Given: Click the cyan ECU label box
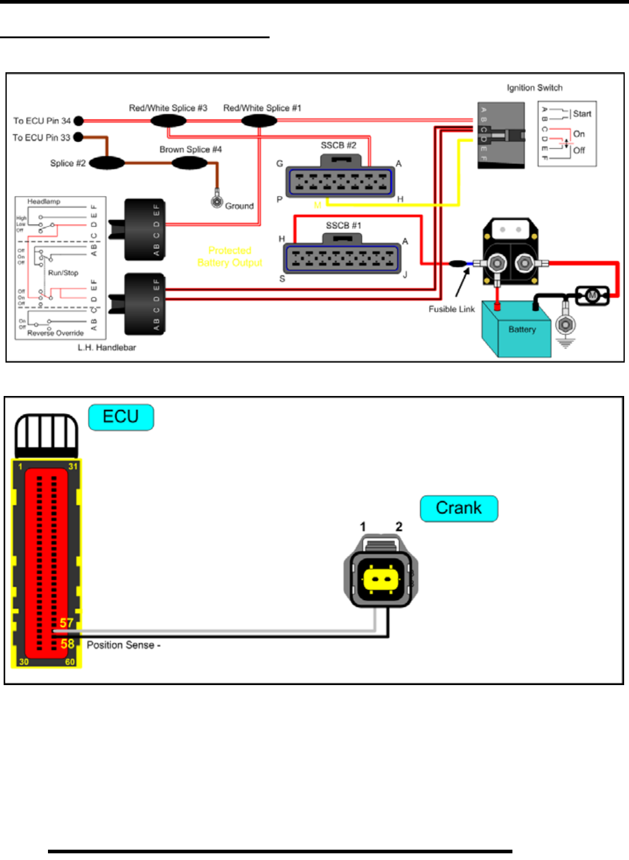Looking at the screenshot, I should click(121, 417).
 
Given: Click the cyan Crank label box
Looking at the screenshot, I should click(459, 508).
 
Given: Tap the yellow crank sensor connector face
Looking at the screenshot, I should click(381, 579).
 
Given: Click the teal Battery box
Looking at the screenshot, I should click(517, 329).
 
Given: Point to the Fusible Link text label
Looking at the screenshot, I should click(452, 309).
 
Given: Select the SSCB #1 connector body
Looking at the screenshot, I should click(342, 258).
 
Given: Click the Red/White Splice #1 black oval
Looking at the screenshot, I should click(259, 121).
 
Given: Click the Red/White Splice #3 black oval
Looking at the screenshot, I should click(168, 121).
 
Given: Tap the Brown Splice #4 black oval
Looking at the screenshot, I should click(189, 163).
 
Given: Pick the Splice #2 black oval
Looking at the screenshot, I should click(107, 163).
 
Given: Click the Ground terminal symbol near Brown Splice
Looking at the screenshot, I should click(217, 202).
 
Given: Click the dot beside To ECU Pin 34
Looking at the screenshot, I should click(78, 121).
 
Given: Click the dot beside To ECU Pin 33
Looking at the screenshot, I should click(78, 137).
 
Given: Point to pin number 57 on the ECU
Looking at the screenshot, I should click(66, 623).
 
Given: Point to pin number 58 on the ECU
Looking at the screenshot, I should click(67, 643).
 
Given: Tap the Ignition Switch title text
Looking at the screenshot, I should click(534, 88).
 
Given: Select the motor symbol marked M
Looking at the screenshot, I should click(592, 295).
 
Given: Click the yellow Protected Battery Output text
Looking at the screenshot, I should click(230, 256).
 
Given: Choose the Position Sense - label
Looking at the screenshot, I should click(123, 645).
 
